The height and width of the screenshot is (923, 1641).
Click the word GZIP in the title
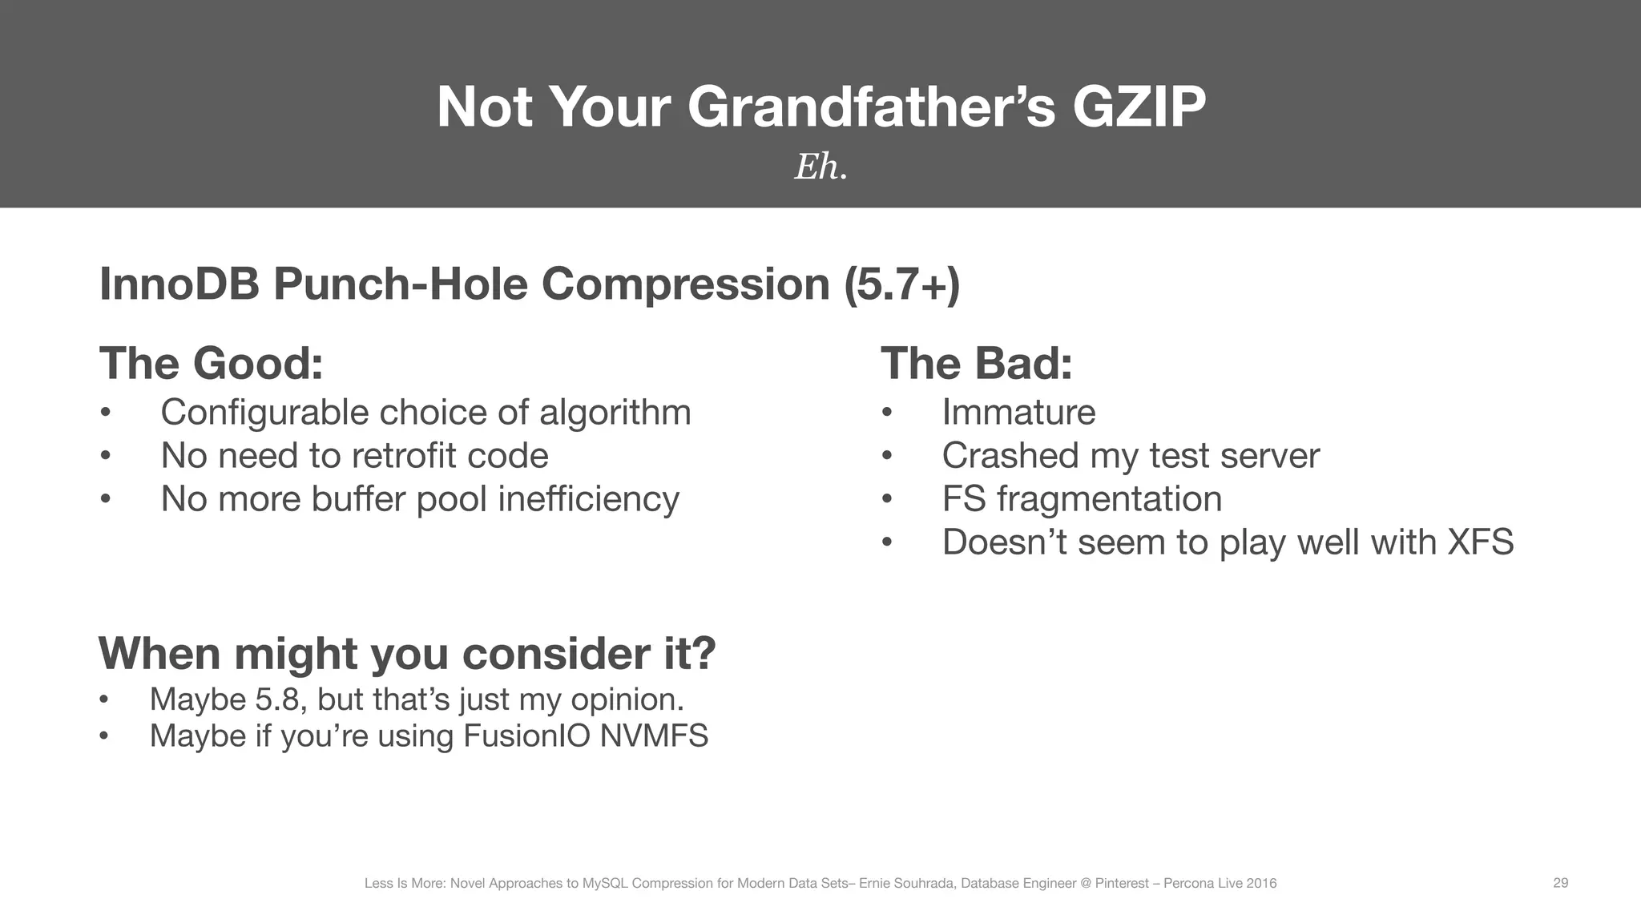click(x=1138, y=107)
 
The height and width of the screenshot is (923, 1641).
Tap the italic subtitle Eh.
click(x=820, y=167)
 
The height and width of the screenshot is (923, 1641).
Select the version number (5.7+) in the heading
click(x=902, y=284)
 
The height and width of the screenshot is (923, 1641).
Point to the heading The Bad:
click(x=976, y=363)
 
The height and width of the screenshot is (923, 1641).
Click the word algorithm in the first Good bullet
click(x=615, y=413)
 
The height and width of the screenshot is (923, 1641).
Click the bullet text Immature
click(x=1018, y=413)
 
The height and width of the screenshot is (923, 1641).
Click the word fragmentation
click(x=1109, y=499)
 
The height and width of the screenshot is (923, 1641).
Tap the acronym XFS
click(x=1481, y=542)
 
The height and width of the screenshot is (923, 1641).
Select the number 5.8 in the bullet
click(x=280, y=699)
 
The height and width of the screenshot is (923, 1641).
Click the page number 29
click(x=1560, y=883)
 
